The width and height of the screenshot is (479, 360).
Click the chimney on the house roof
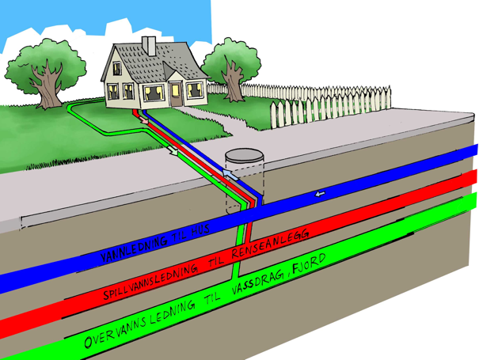tap(148, 44)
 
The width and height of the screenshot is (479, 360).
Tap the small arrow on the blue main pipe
tap(321, 194)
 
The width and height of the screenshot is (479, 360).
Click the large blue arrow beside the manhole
tap(228, 171)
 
